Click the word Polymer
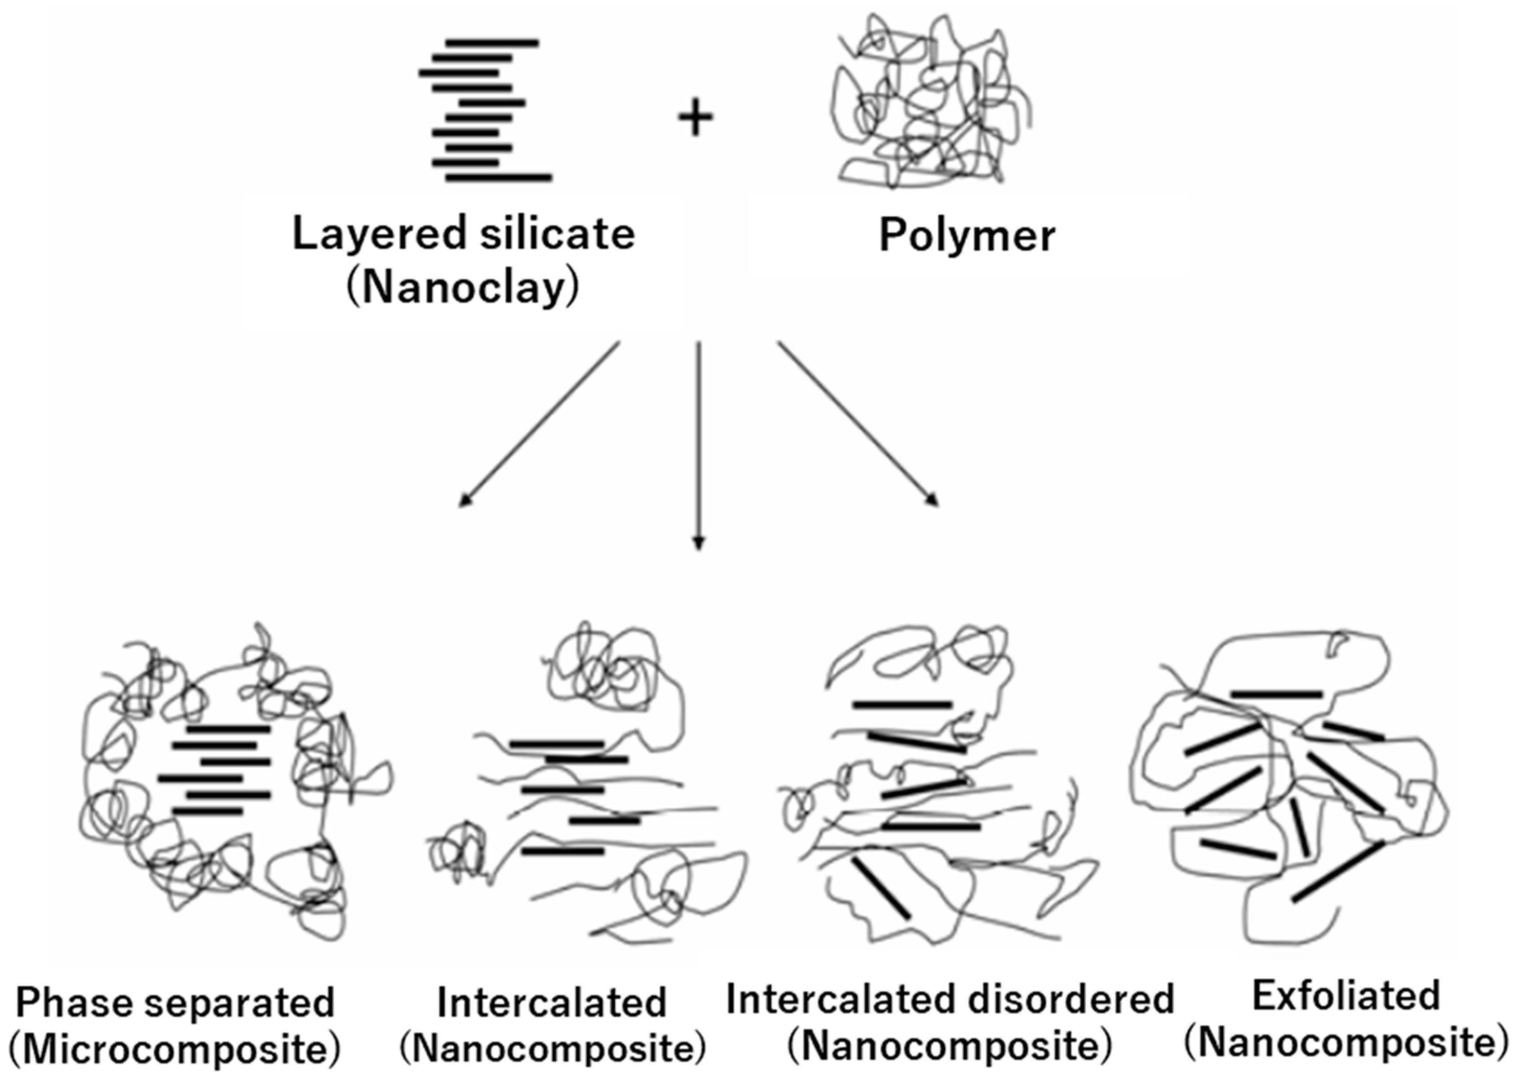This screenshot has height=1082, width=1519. pyautogui.click(x=966, y=236)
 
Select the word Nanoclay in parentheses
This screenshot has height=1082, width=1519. pyautogui.click(x=462, y=289)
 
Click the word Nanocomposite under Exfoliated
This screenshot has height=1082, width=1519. pyautogui.click(x=1346, y=1043)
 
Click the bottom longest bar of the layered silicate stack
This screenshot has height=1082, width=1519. pyautogui.click(x=499, y=177)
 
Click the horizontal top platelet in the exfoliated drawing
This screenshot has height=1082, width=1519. pyautogui.click(x=1276, y=694)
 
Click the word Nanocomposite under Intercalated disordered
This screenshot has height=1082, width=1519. pyautogui.click(x=950, y=1047)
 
